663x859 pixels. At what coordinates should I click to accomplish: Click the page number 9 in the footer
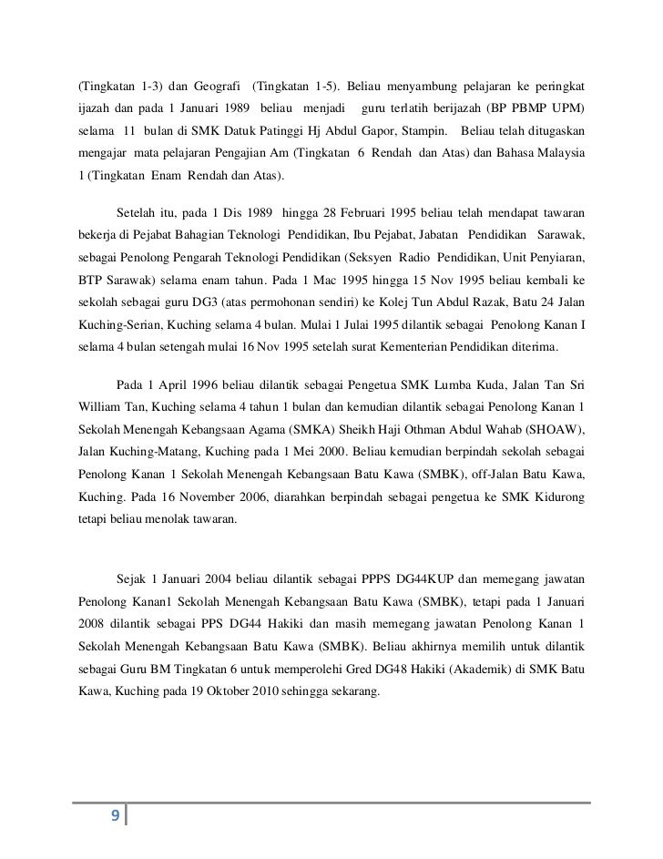click(x=115, y=813)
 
